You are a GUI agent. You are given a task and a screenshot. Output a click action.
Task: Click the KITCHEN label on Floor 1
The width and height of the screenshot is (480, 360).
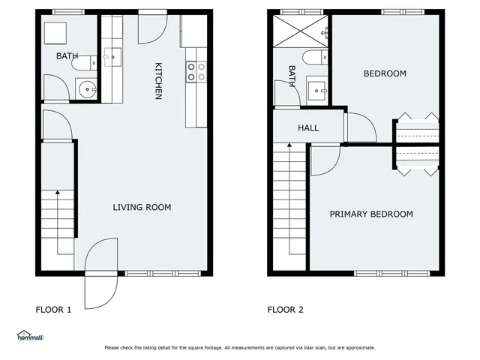[x=158, y=80]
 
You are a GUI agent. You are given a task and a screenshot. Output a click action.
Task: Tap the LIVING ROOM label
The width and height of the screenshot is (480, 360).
[x=142, y=208]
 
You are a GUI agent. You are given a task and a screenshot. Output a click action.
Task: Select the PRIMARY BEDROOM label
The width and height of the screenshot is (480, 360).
[x=371, y=214]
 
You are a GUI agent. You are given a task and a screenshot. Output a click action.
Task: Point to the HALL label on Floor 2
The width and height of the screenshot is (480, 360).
[x=308, y=128]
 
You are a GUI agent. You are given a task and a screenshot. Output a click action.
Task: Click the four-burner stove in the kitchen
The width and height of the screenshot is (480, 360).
[x=196, y=71]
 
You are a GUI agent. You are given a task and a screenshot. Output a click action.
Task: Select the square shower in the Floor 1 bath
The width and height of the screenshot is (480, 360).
[x=55, y=34]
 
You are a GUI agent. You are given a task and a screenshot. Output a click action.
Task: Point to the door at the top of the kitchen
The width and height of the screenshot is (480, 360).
[x=151, y=28]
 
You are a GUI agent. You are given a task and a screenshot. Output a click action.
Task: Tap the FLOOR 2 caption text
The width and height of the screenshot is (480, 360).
[x=286, y=309]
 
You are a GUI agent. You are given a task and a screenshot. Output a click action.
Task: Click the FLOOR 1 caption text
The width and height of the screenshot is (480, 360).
[x=54, y=309]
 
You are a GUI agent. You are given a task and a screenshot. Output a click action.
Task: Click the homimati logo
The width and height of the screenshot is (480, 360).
[x=30, y=336]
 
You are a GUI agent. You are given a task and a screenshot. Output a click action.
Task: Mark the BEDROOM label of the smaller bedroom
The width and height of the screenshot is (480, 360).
[x=385, y=73]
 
